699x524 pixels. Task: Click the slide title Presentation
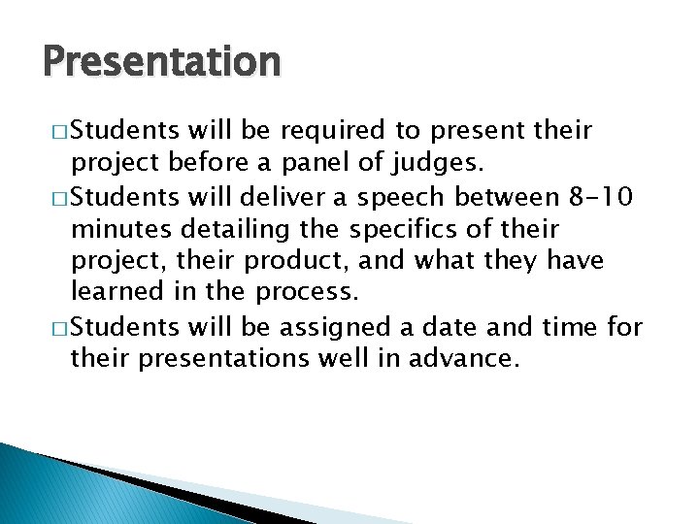162,63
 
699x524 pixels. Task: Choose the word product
290,261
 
